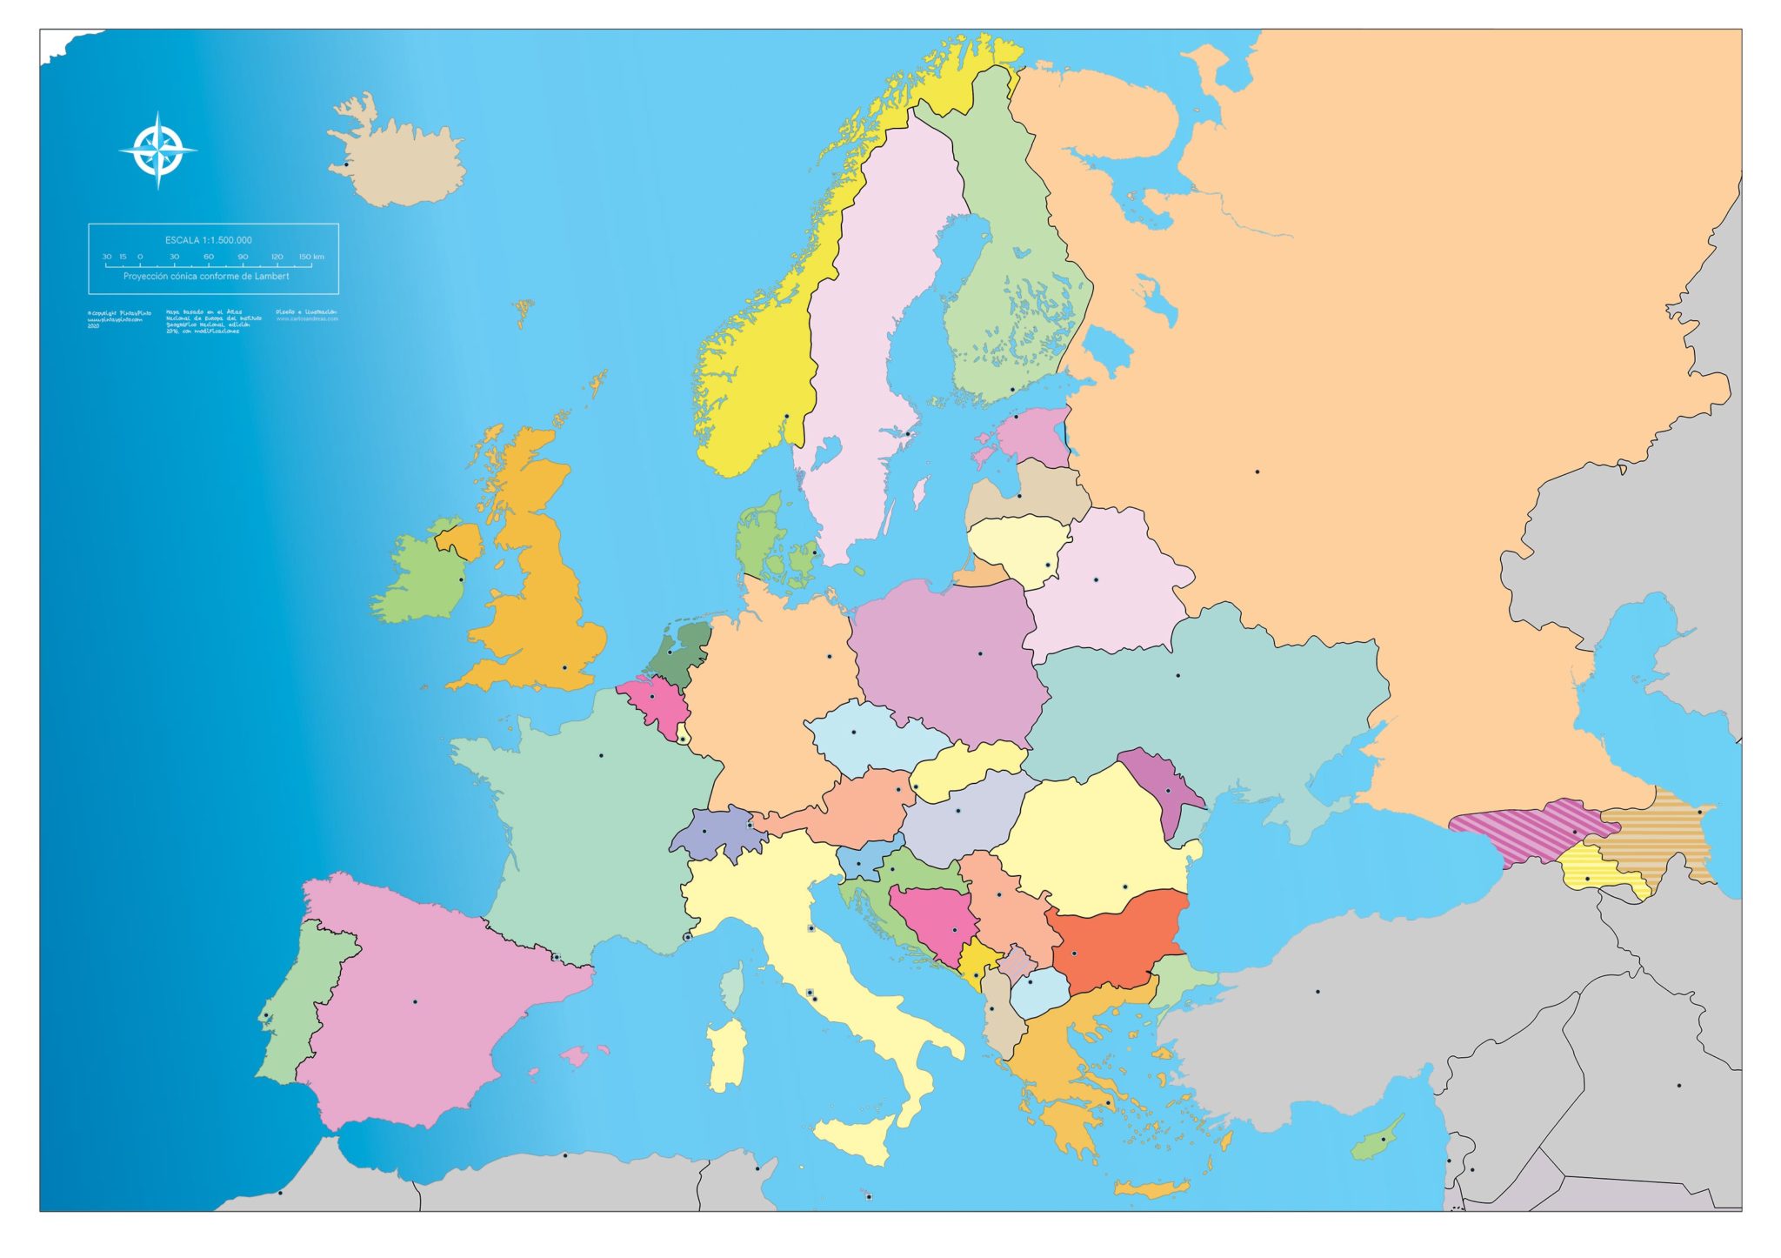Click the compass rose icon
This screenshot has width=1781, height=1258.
tap(157, 151)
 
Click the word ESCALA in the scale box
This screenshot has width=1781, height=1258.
tap(181, 240)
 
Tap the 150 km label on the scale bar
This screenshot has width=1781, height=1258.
tap(311, 257)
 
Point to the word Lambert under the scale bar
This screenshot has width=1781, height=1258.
tap(271, 277)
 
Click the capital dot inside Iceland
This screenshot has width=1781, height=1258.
tap(346, 164)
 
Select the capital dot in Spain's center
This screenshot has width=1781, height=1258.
tap(415, 1002)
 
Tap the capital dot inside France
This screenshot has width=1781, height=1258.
tap(601, 755)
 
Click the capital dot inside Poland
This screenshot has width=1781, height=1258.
tap(980, 653)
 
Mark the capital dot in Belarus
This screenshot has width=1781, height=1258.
tap(1096, 579)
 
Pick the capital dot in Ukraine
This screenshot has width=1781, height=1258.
tap(1178, 675)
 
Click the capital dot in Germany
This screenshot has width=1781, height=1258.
tap(829, 656)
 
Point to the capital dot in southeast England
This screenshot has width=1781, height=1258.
tap(564, 668)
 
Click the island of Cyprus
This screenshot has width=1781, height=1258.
tap(1378, 1141)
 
